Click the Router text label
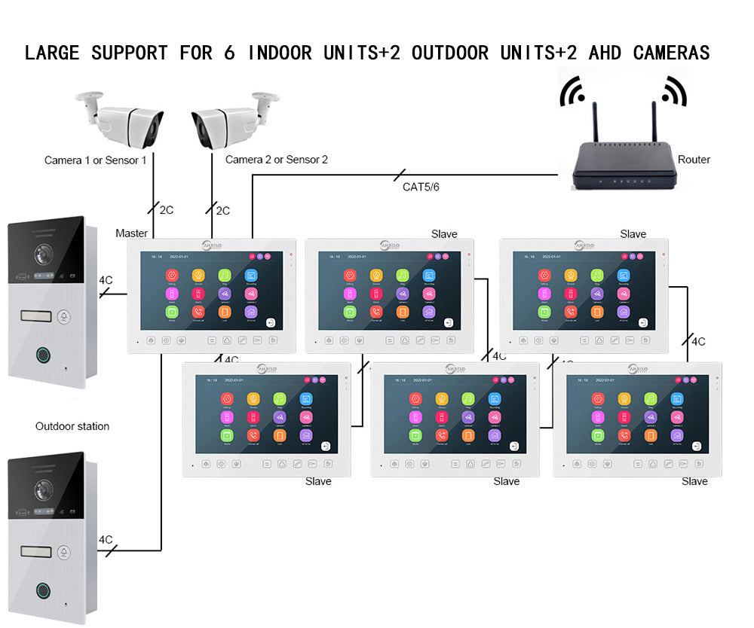click(694, 160)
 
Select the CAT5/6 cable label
click(421, 187)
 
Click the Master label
click(131, 233)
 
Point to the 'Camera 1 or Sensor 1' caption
click(96, 160)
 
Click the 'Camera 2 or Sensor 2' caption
click(277, 160)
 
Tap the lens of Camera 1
click(152, 129)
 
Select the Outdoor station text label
click(72, 426)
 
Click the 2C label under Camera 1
click(167, 210)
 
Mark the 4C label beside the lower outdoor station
click(106, 540)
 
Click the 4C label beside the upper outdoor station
click(106, 280)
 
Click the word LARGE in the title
click(54, 53)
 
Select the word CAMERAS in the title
click(671, 53)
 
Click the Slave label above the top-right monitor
click(633, 234)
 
